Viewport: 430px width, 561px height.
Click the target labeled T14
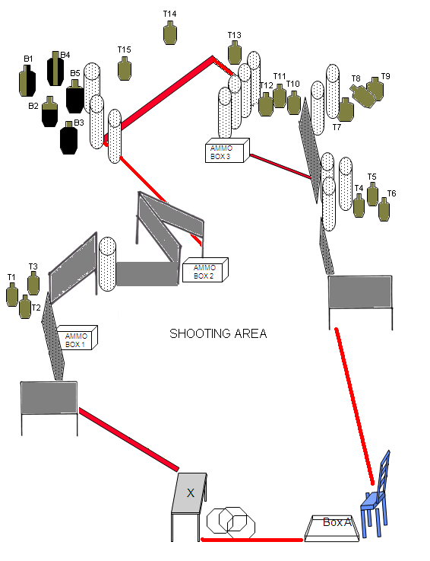point(170,33)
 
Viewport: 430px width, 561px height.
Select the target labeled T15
point(125,69)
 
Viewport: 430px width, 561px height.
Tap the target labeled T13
point(234,53)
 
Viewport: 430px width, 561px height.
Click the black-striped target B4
point(55,69)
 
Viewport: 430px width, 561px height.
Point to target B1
point(27,81)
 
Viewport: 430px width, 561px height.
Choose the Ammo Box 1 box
point(77,338)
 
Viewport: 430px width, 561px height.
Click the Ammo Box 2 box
point(205,269)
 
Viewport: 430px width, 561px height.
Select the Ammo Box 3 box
point(227,150)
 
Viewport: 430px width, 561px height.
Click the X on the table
point(191,493)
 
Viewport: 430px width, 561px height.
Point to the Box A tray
point(331,528)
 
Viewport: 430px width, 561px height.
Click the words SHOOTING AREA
point(218,333)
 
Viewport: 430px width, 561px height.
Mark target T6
point(384,209)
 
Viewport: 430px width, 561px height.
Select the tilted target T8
point(362,95)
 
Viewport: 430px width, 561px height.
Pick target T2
point(25,307)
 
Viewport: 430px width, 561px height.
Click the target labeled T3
point(33,283)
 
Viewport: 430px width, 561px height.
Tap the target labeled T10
point(294,103)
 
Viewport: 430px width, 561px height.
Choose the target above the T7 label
point(346,110)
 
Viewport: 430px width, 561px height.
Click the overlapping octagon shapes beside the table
point(231,523)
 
